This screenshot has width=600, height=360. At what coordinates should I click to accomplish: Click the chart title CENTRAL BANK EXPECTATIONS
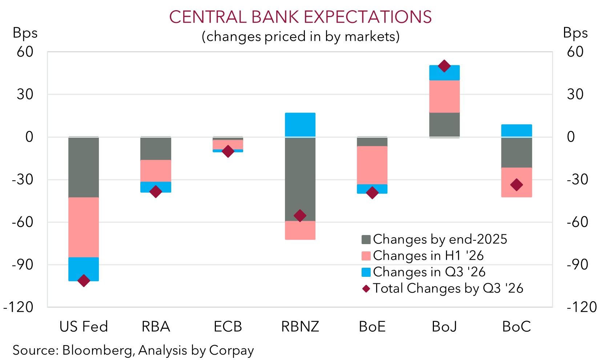300,17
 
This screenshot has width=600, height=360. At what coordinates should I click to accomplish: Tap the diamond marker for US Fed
84,280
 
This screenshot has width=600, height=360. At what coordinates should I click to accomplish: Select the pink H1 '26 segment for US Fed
84,227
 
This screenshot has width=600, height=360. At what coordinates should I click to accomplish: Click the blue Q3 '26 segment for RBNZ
300,125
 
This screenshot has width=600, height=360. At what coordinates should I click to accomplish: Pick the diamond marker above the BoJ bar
444,66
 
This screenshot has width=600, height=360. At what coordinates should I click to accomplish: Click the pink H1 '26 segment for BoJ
444,96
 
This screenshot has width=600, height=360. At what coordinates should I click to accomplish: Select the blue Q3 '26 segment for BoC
516,130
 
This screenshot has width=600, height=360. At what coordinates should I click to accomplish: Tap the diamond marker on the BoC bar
516,185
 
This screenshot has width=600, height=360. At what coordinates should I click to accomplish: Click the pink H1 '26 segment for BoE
372,165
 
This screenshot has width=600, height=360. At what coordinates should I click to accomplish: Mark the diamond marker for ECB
228,151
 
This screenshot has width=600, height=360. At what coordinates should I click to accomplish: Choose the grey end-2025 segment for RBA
156,149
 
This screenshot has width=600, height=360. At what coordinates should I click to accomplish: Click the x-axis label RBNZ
300,327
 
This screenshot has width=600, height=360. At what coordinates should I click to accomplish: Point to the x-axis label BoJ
444,327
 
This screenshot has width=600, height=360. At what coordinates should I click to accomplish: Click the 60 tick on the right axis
575,52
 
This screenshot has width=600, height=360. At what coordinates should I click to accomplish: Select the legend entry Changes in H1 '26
428,256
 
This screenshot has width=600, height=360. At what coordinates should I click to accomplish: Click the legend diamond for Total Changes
366,288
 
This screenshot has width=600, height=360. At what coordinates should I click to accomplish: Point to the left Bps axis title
25,33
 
